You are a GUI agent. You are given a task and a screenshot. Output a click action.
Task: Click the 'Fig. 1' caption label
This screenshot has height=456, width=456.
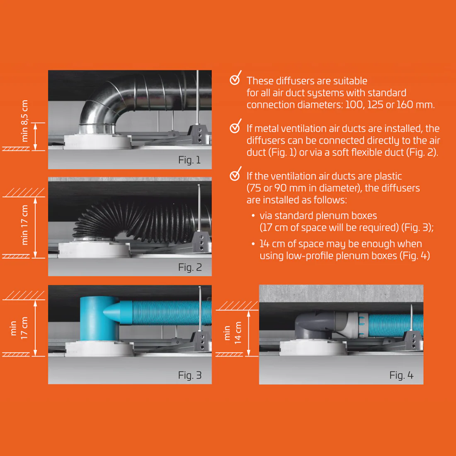click(x=189, y=160)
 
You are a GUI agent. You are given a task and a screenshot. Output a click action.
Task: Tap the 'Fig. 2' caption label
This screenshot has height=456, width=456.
click(x=190, y=267)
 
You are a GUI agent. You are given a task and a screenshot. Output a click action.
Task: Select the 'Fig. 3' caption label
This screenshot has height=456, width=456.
click(x=190, y=375)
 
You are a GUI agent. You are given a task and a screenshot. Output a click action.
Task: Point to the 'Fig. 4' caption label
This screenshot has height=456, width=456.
click(x=401, y=375)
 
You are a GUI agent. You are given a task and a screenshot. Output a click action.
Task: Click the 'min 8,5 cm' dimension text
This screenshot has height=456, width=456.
click(x=24, y=121)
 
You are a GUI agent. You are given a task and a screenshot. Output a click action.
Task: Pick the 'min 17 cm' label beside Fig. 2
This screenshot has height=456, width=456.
click(x=24, y=225)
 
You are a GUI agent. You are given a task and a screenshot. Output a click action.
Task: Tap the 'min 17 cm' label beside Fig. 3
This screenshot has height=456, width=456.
click(x=19, y=328)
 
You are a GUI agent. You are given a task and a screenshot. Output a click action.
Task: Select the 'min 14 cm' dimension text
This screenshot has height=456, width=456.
click(x=232, y=333)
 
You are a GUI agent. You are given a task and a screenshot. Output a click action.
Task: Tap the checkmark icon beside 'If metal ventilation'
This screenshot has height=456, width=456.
click(x=235, y=126)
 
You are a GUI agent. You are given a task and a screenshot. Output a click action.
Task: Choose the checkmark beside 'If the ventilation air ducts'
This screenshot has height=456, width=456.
click(x=235, y=174)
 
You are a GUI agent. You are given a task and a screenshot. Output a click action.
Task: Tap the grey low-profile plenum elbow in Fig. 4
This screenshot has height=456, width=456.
click(x=315, y=325)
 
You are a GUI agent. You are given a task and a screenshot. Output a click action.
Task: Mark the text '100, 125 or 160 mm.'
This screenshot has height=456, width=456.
click(x=390, y=105)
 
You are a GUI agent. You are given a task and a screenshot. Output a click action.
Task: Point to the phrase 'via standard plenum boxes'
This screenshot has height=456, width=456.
click(x=318, y=216)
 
